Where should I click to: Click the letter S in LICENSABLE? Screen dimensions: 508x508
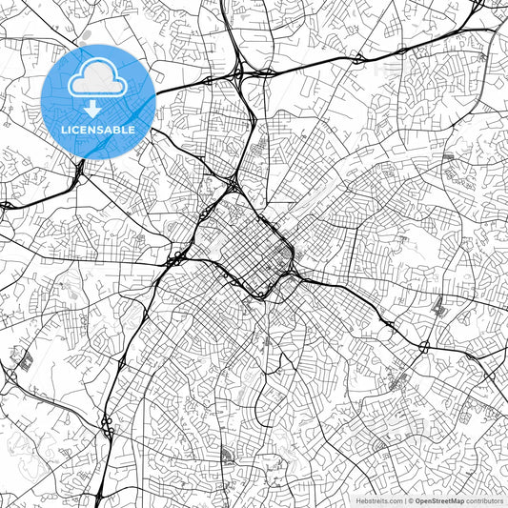pos(102,130)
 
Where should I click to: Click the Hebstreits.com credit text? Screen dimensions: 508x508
pos(379,500)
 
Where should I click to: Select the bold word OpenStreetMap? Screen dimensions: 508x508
pos(439,500)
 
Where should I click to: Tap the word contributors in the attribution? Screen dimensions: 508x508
pos(485,500)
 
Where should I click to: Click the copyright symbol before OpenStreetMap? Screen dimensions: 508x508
pos(410,500)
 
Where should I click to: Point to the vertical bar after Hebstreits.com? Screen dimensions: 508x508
pos(404,500)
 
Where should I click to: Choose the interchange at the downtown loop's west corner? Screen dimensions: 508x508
pos(178,257)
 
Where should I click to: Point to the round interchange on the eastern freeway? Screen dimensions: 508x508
pos(423,346)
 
